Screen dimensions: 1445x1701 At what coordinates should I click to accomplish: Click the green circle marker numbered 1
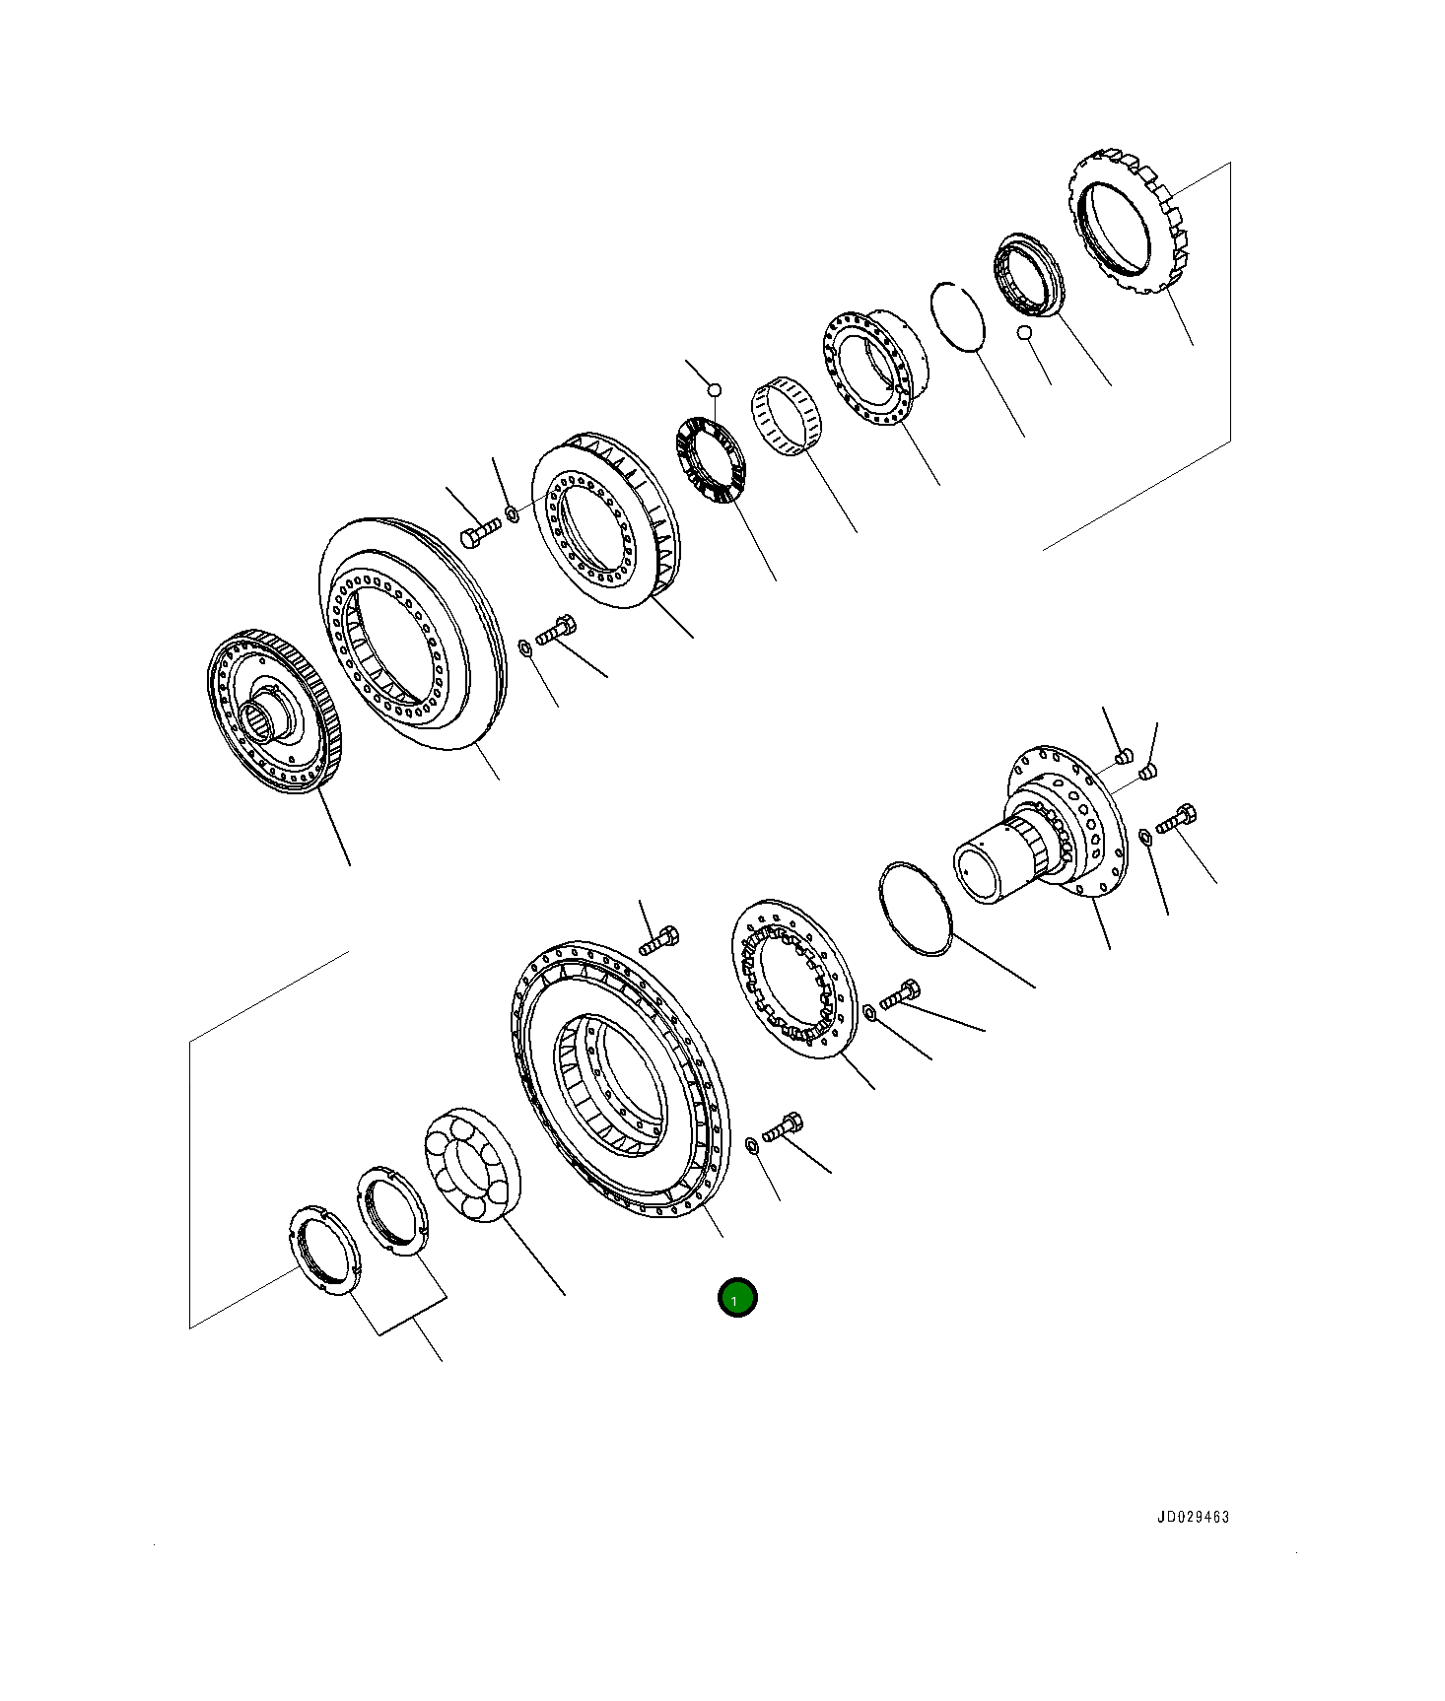[x=736, y=1299]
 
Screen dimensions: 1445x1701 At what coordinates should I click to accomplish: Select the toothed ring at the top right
[x=1129, y=225]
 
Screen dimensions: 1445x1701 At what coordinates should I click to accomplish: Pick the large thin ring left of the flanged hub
[x=914, y=908]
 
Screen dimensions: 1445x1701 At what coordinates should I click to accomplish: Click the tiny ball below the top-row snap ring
[x=1026, y=333]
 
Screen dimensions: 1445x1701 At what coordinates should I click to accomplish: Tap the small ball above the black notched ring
[x=716, y=390]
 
